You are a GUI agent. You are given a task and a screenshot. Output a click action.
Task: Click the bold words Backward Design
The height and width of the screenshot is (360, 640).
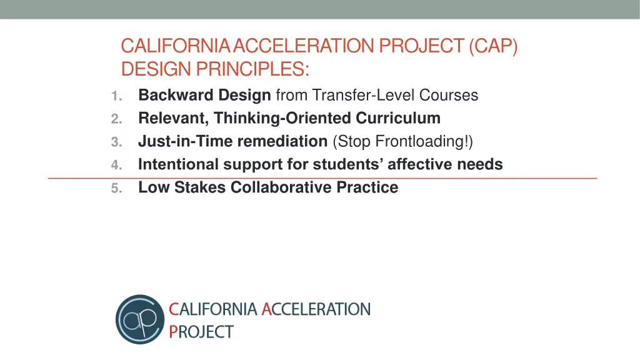click(x=204, y=95)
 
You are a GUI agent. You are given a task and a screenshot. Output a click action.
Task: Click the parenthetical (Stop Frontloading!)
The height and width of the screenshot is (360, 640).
click(x=403, y=141)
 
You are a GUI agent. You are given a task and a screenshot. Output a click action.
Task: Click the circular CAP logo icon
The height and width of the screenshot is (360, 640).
click(x=139, y=319)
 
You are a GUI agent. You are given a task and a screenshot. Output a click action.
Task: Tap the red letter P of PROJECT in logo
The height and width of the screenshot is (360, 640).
click(x=173, y=331)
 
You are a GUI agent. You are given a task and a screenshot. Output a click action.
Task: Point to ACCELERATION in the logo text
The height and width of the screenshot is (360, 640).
click(x=316, y=309)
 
